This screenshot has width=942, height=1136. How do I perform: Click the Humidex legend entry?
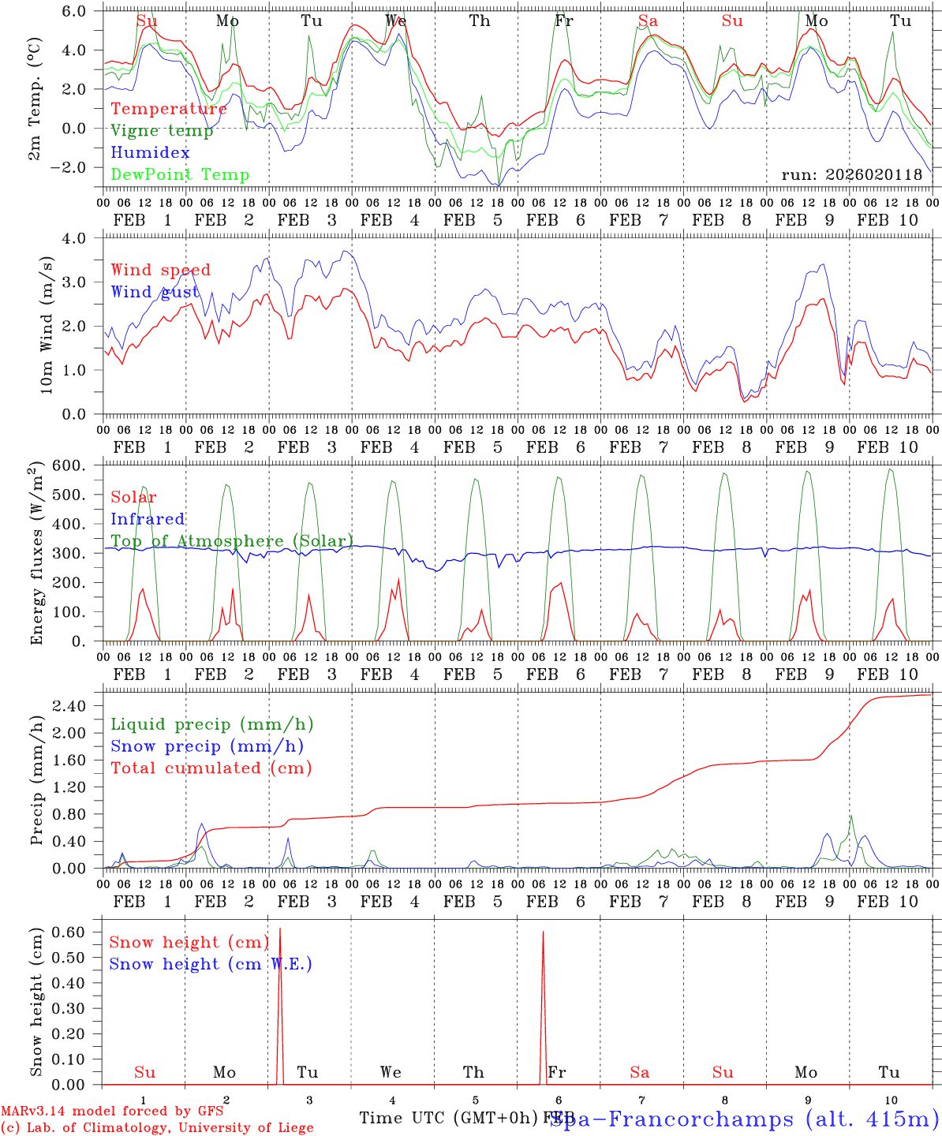pyautogui.click(x=150, y=153)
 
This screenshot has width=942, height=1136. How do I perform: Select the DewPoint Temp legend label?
pyautogui.click(x=180, y=175)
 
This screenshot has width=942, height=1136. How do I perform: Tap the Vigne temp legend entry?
pyautogui.click(x=162, y=131)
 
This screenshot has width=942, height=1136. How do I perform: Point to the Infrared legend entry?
pyautogui.click(x=148, y=519)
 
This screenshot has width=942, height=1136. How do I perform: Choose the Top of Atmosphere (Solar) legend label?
pyautogui.click(x=232, y=541)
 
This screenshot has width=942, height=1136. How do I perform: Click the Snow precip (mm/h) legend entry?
pyautogui.click(x=207, y=746)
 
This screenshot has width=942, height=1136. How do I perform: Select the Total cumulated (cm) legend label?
pyautogui.click(x=211, y=768)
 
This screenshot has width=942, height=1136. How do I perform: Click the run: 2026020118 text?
pyautogui.click(x=851, y=175)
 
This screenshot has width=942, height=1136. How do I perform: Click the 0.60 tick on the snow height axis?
pyautogui.click(x=80, y=932)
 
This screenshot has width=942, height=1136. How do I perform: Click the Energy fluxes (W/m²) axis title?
pyautogui.click(x=37, y=555)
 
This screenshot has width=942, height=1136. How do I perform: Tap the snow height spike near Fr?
pyautogui.click(x=543, y=947)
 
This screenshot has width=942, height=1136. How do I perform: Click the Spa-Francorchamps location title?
pyautogui.click(x=744, y=1119)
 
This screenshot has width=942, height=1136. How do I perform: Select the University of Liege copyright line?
pyautogui.click(x=157, y=1128)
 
